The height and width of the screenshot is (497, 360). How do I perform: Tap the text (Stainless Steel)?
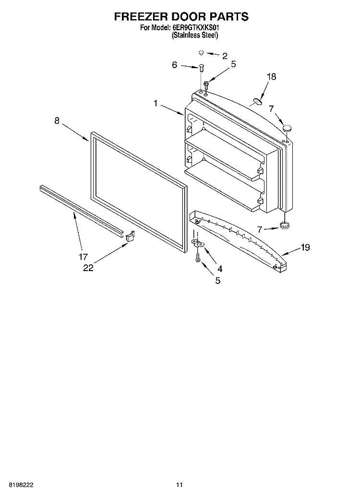tap(195, 35)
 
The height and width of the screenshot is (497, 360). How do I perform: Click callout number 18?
tap(272, 76)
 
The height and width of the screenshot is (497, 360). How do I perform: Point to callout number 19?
tap(305, 247)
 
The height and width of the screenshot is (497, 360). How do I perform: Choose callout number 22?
tap(88, 268)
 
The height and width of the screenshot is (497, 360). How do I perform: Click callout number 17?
tap(83, 257)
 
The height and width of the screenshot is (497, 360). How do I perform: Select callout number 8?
tap(57, 120)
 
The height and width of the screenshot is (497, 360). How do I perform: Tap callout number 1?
tap(156, 103)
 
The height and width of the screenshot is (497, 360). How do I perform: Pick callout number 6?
tap(174, 65)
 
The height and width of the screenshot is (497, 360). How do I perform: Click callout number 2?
tap(225, 57)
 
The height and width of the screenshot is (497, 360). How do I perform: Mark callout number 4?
tap(220, 269)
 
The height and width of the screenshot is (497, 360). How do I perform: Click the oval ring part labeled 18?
tap(257, 102)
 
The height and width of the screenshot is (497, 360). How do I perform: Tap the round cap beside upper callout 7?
tap(288, 128)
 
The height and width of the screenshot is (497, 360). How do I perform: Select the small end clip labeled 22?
tap(130, 237)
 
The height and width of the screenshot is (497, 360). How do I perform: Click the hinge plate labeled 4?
tap(198, 243)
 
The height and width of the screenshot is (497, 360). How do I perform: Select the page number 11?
tap(180, 485)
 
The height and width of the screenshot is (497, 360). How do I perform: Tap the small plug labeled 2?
tap(201, 52)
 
